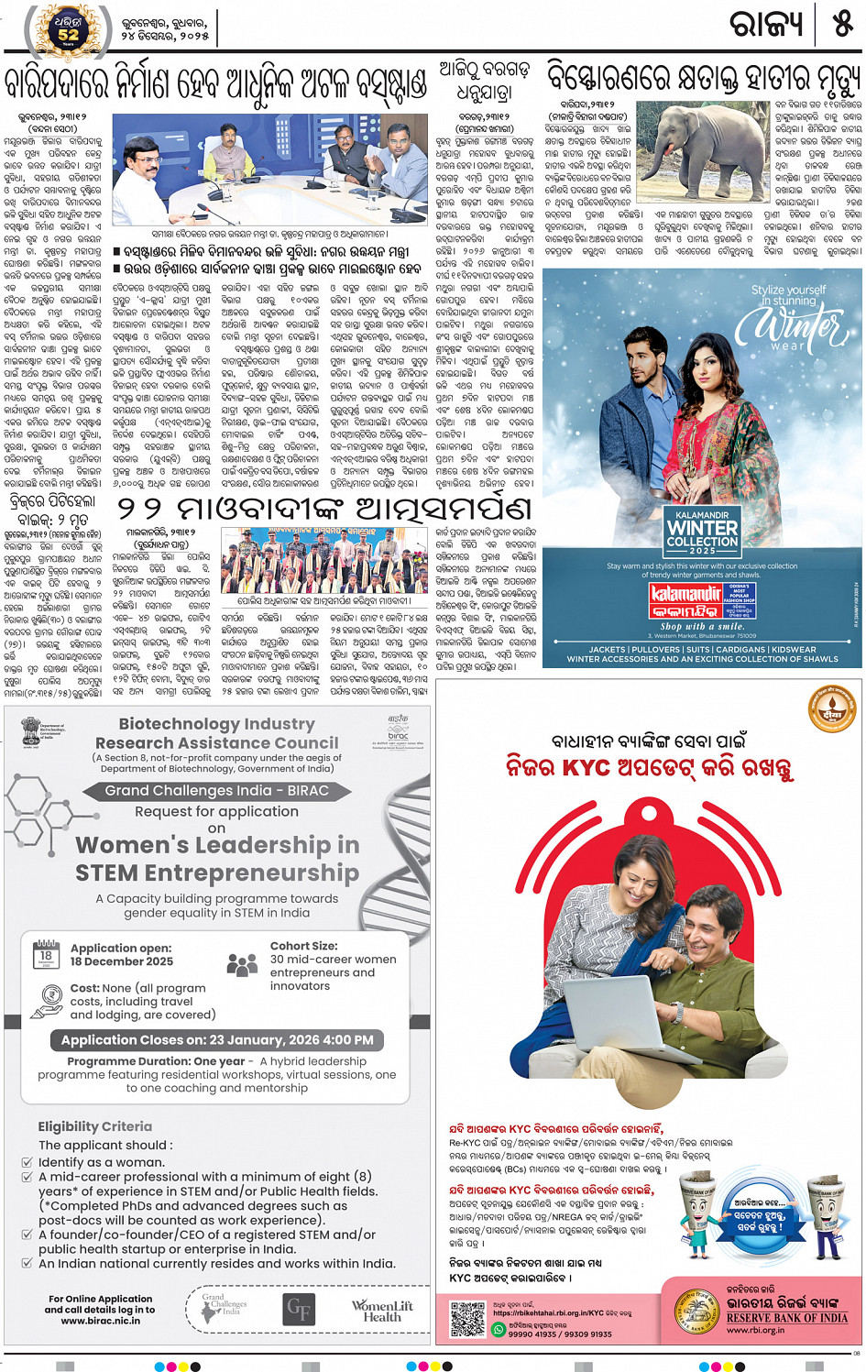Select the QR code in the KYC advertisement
(x=467, y=1318)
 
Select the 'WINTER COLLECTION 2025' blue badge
(x=702, y=532)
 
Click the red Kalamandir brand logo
(x=686, y=601)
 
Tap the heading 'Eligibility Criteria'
(x=95, y=1126)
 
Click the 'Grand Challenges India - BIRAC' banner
(x=216, y=790)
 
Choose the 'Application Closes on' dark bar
(x=217, y=1040)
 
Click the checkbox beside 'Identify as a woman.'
(x=27, y=1162)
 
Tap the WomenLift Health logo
(x=382, y=1311)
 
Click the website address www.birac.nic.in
(x=100, y=1321)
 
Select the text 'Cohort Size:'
(x=303, y=946)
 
